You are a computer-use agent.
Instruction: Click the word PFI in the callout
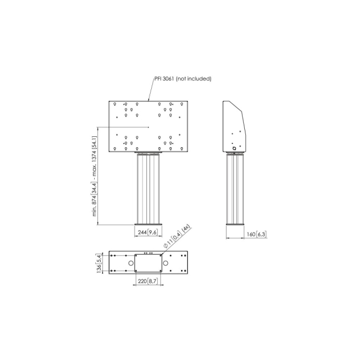click(x=158, y=79)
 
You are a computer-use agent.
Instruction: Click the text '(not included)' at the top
click(x=193, y=79)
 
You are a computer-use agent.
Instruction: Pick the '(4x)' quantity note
click(x=186, y=229)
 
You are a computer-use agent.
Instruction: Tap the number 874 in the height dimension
click(x=94, y=200)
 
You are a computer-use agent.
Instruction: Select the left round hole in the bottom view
click(x=131, y=263)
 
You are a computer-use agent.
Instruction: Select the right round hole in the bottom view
click(x=165, y=263)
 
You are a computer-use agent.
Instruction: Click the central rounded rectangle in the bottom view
click(x=148, y=254)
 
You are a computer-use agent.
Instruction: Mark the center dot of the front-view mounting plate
click(x=148, y=127)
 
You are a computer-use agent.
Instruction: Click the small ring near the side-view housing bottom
click(x=234, y=148)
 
